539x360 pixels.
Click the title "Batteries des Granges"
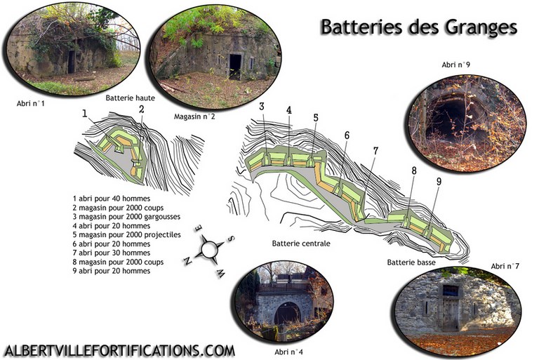pos(419,27)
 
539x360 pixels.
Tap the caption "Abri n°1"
pos(31,103)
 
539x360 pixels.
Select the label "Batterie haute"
pos(130,98)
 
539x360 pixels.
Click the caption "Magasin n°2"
pos(194,116)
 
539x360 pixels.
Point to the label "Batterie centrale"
pos(301,244)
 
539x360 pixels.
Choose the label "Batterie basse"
pos(411,262)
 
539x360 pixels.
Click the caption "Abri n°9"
pos(455,65)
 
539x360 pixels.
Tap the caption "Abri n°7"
pos(505,266)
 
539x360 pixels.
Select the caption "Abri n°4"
pos(288,352)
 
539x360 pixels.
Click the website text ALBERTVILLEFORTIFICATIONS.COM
pos(119,351)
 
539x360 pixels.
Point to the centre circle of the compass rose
pos(208,249)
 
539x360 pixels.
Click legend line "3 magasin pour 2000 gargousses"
pos(126,217)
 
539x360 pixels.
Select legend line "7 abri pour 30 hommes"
pos(112,253)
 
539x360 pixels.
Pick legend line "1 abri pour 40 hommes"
pos(112,199)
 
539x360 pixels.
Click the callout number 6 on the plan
pos(347,135)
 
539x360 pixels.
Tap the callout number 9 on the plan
pos(439,182)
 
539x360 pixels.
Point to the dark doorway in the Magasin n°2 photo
pos(236,67)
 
